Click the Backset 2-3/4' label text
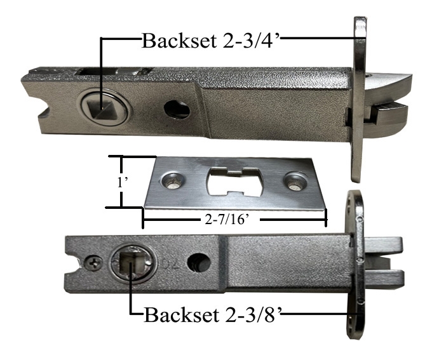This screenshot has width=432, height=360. click(x=209, y=41)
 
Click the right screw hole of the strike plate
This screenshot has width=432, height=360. click(x=294, y=182)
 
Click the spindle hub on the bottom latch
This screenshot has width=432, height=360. click(x=131, y=262)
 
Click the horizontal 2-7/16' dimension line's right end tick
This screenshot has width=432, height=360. click(x=326, y=218)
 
